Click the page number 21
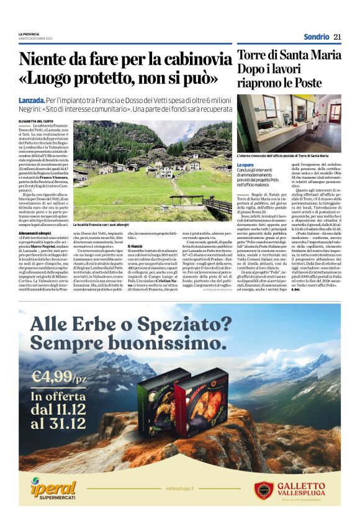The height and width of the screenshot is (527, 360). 338,37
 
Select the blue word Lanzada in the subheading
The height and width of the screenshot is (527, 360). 32,101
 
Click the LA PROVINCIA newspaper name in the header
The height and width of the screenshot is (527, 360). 29,34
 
